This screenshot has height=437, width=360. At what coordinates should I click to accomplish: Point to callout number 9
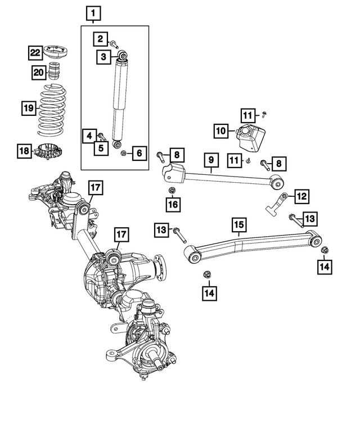pos(211,161)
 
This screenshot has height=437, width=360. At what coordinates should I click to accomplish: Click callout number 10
pos(222,131)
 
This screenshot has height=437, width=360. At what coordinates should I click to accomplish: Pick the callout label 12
pos(301,196)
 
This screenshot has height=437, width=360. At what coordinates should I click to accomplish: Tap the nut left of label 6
pos(124,154)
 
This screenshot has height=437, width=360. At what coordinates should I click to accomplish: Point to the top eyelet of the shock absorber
pos(121,56)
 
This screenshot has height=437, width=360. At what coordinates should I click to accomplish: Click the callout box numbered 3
pos(103,57)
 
